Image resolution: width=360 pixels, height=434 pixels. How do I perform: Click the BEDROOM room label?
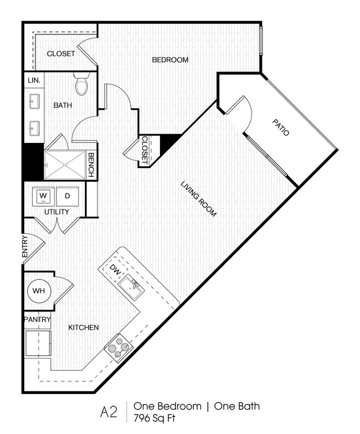click(x=171, y=60)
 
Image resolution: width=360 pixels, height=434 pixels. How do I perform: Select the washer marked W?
click(x=44, y=196)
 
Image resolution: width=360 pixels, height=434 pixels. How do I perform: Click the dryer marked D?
click(x=68, y=196)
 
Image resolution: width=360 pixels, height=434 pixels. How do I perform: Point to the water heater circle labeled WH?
click(x=38, y=290)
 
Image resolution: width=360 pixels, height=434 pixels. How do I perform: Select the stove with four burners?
click(x=118, y=348)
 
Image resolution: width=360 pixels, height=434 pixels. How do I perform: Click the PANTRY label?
click(x=37, y=320)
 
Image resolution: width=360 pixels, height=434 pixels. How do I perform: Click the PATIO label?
click(x=281, y=126)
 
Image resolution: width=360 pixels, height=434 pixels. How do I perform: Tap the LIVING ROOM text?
click(x=198, y=198)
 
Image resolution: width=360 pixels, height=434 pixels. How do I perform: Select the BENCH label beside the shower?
click(x=91, y=165)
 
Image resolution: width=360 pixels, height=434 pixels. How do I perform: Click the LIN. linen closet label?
click(x=33, y=80)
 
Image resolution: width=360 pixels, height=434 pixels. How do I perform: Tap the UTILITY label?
click(x=56, y=212)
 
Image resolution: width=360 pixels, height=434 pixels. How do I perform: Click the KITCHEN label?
click(x=83, y=328)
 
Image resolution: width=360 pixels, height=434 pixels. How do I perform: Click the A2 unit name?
click(x=109, y=412)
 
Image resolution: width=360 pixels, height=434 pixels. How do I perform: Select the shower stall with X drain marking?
click(x=65, y=165)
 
